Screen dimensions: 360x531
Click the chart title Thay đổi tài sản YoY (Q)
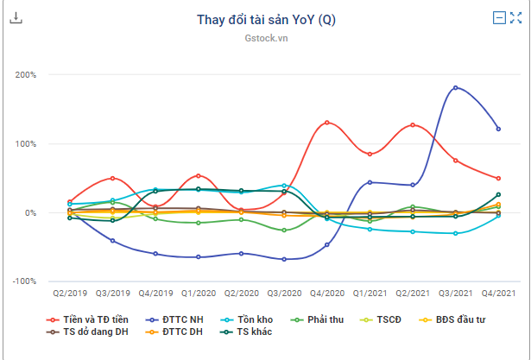(x=265, y=21)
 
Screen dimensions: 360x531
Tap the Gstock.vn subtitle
(x=265, y=39)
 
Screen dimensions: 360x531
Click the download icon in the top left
(x=16, y=18)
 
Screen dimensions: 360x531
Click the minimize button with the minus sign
(x=499, y=17)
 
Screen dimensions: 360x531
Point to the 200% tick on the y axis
(x=26, y=75)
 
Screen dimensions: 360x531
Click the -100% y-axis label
(x=25, y=281)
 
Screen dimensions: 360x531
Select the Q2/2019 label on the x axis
(x=70, y=294)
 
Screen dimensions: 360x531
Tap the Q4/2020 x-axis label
(x=327, y=294)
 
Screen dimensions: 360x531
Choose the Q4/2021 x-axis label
(x=498, y=294)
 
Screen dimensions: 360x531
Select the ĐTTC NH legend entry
(x=177, y=319)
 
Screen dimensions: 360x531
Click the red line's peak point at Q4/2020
(x=327, y=123)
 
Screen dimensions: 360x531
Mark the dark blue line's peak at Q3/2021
(x=456, y=87)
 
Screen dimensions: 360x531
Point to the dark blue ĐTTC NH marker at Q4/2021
(x=498, y=129)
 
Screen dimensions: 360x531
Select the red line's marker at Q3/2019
(x=113, y=178)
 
